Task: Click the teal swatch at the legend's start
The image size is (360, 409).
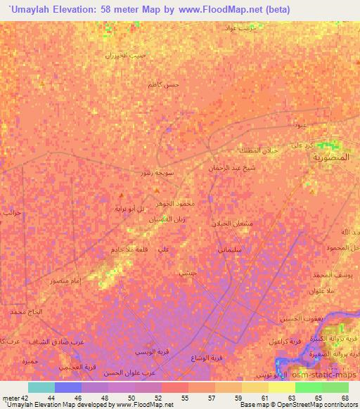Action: (41, 387)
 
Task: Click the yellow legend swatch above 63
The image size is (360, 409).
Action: (281, 387)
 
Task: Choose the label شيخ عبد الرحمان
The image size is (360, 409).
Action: (233, 168)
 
